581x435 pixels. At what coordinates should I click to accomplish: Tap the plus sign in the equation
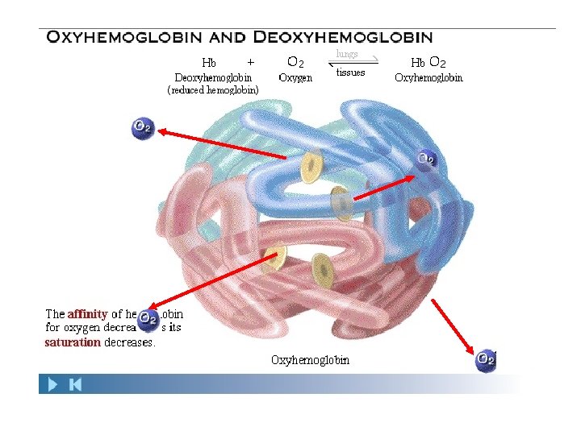250,61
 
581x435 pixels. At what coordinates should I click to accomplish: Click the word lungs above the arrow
347,54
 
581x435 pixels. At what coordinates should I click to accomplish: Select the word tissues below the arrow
350,72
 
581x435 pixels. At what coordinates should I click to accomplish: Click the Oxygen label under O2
295,78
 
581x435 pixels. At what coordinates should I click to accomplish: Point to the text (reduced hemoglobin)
213,91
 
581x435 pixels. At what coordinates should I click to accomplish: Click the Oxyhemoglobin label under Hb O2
428,78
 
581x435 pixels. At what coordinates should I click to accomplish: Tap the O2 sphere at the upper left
143,127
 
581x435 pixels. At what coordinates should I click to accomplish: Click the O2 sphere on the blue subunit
427,159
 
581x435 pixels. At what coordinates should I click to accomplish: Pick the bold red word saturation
73,342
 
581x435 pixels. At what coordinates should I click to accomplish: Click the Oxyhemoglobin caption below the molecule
311,360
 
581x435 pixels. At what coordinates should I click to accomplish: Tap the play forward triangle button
52,385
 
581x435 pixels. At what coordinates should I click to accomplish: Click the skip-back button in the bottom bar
75,385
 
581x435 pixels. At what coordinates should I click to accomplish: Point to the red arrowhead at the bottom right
472,351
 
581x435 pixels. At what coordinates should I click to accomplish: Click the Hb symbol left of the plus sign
209,62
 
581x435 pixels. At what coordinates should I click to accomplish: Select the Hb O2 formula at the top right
428,62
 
